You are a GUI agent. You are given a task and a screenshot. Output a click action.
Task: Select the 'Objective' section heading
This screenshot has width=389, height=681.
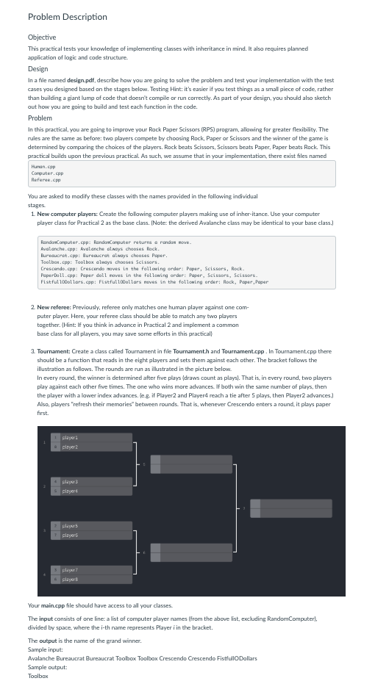(x=42, y=37)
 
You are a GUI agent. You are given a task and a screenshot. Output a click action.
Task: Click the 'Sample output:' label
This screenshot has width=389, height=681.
(x=49, y=666)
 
